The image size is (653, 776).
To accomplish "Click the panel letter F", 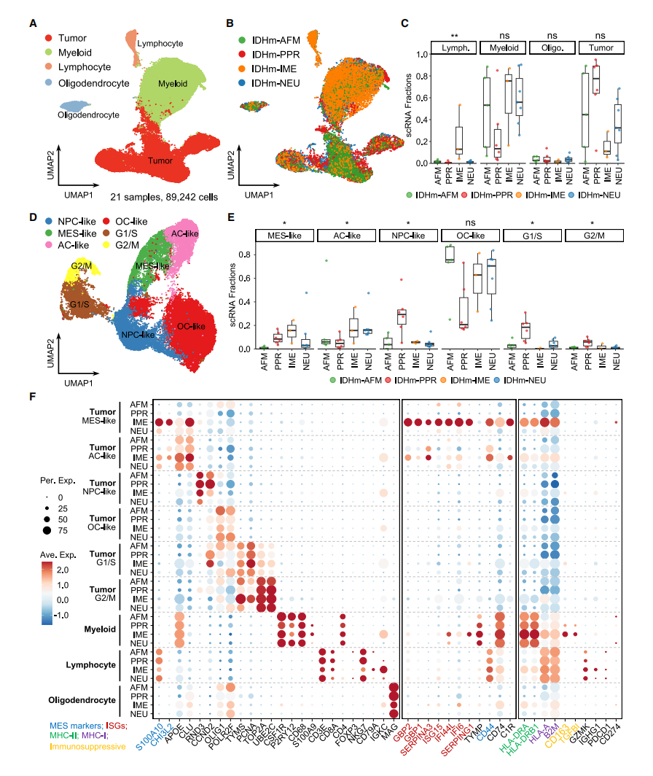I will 33,397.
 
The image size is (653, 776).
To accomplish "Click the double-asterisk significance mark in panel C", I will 453,35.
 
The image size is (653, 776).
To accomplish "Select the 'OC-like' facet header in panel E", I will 472,236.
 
